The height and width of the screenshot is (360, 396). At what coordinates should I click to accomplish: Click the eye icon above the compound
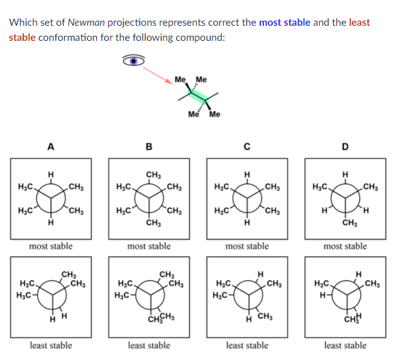pos(132,60)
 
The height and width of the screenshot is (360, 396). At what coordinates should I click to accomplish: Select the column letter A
pos(50,148)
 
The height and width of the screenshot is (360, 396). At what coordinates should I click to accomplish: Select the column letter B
pos(148,148)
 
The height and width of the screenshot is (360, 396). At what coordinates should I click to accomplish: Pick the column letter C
pos(247,148)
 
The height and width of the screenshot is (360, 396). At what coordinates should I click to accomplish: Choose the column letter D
pos(345,148)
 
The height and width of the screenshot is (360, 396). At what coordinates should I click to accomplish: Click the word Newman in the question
pos(85,23)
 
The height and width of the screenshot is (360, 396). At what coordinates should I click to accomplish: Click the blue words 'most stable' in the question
pos(285,23)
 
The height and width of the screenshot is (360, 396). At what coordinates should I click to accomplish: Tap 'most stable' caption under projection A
pos(51,246)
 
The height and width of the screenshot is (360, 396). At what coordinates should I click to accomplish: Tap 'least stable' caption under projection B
pos(149,345)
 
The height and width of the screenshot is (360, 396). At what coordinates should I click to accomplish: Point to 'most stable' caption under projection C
pos(247,246)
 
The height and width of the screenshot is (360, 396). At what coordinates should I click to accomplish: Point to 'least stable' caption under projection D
pos(345,345)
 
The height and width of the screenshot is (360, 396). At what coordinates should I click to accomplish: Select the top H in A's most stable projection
pos(51,173)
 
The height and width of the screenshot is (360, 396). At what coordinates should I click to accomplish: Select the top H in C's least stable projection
pos(260,273)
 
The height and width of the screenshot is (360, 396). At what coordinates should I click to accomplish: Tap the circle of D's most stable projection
pos(345,198)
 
